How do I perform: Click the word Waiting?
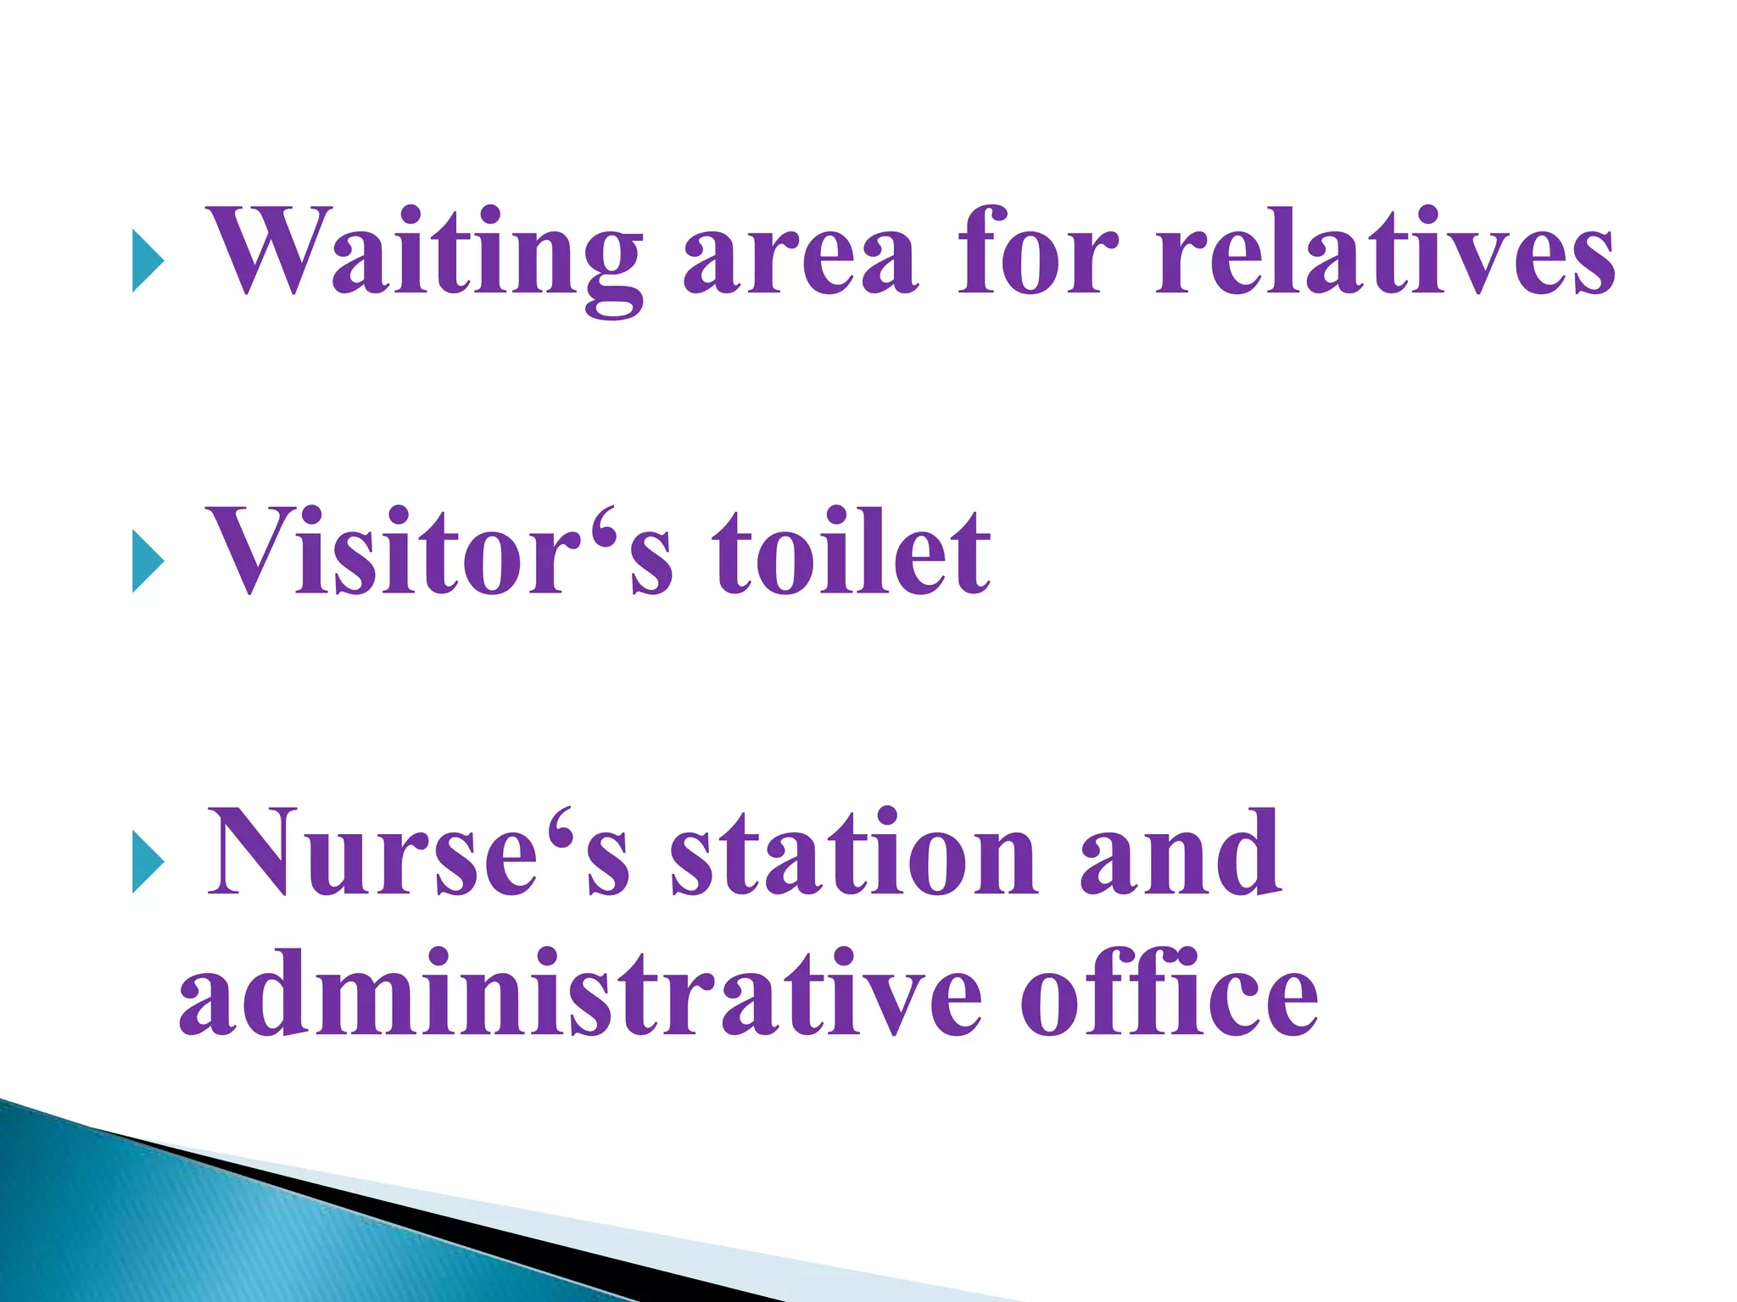(x=424, y=254)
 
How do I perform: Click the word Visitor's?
(x=441, y=551)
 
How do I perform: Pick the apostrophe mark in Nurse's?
(x=559, y=821)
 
